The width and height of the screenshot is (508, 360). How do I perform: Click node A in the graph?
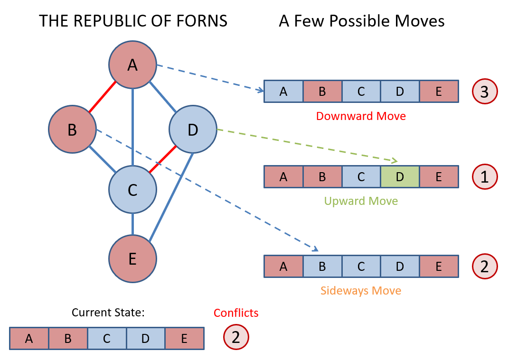tap(132, 65)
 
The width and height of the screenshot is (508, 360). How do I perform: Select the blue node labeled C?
tap(132, 190)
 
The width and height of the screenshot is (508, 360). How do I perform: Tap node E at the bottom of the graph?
tap(132, 258)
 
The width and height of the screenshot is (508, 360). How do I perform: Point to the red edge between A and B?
tap(102, 97)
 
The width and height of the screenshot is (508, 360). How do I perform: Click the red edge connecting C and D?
tap(163, 159)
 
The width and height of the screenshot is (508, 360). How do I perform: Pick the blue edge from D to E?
tap(171, 196)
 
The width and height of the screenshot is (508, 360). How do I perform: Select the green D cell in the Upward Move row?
tap(400, 176)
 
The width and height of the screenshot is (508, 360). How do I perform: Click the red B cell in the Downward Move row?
tap(322, 92)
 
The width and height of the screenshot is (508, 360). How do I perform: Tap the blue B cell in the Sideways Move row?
tap(322, 267)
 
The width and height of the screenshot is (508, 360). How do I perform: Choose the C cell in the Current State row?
tap(107, 338)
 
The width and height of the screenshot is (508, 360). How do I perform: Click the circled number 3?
tap(484, 92)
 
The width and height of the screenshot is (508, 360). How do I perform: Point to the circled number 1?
tap(484, 176)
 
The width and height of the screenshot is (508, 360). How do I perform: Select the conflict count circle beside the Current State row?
tap(236, 337)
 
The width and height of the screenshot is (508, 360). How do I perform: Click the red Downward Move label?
tap(361, 116)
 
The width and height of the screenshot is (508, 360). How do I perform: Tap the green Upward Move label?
tap(361, 201)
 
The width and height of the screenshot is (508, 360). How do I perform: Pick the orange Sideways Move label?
tap(361, 290)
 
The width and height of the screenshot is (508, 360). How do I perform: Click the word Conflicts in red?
tap(236, 313)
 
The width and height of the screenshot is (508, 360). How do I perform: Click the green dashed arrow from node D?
tap(304, 144)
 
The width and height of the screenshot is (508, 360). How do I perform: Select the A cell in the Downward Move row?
tap(283, 92)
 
